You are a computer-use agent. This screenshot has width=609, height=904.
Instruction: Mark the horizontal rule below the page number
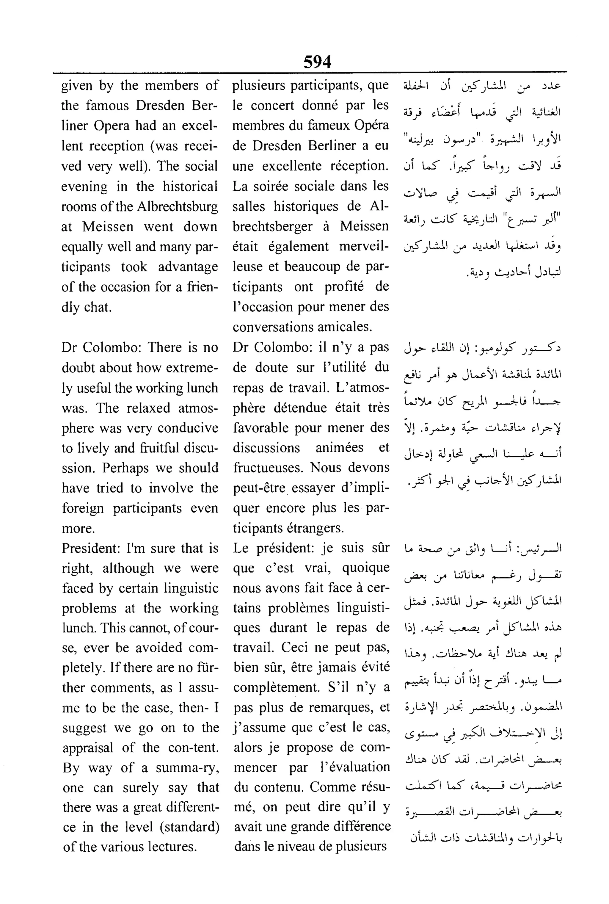[x=310, y=72]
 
